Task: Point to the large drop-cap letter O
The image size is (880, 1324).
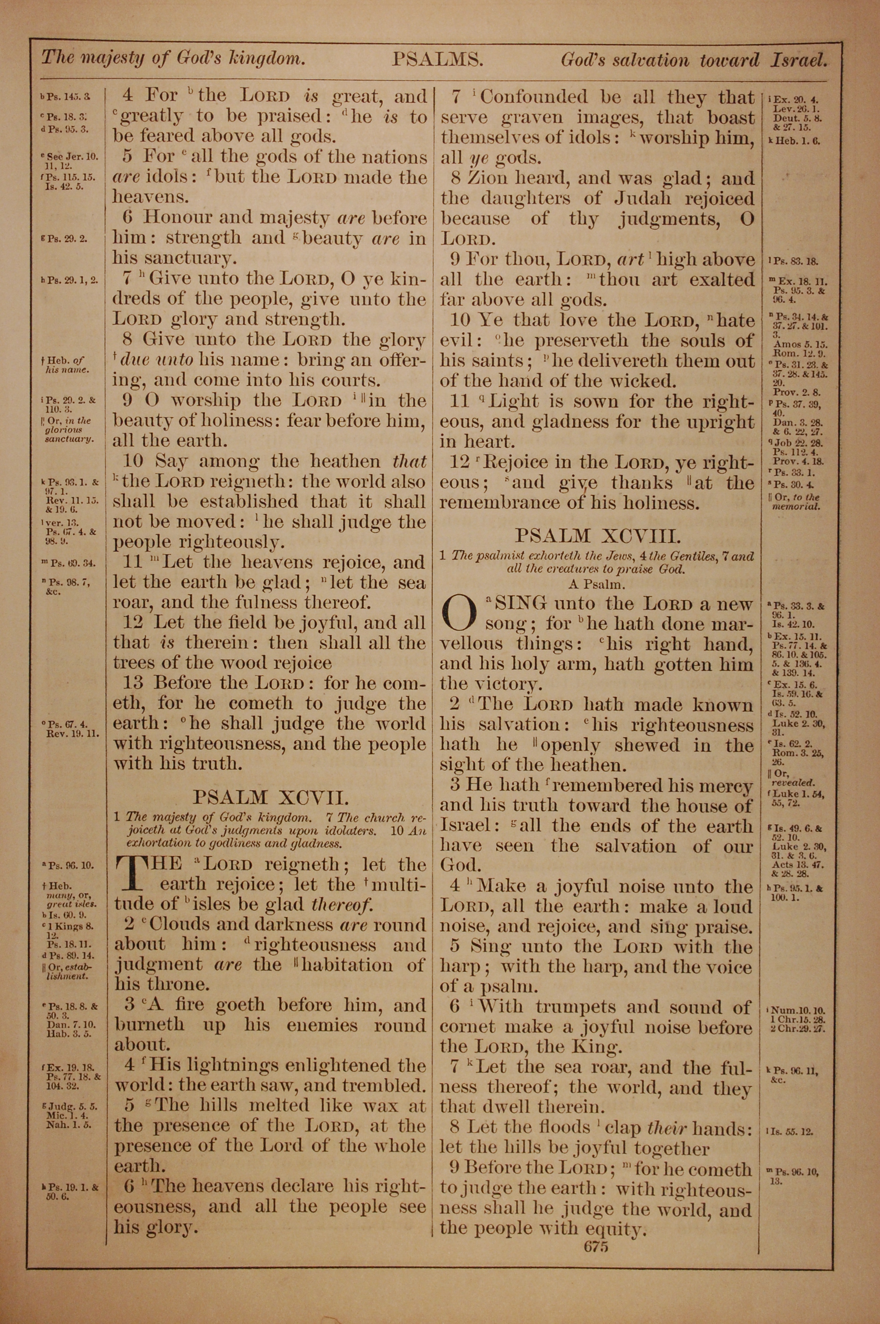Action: (458, 614)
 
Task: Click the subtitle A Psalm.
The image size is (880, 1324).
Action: (597, 584)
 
